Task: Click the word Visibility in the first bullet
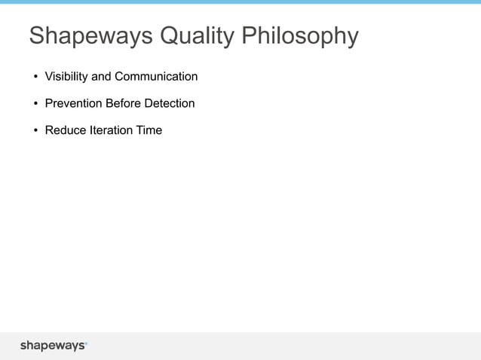click(66, 77)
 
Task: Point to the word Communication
click(156, 77)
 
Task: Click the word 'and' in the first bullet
click(101, 77)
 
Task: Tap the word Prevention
click(72, 103)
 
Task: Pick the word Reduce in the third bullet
click(65, 130)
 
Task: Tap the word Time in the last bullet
click(149, 130)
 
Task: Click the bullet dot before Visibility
click(35, 78)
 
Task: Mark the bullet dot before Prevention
click(35, 104)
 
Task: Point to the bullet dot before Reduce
click(35, 131)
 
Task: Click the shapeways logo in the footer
click(53, 346)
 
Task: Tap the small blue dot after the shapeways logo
click(86, 343)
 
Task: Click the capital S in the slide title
click(36, 36)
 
